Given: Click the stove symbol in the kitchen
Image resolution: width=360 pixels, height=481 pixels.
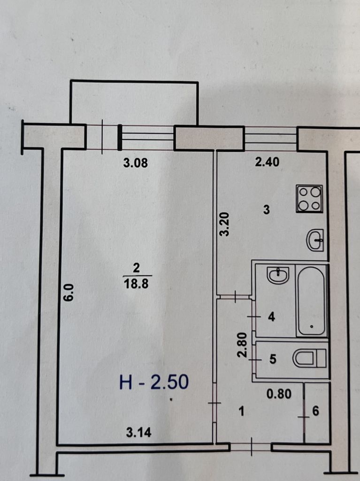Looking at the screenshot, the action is point(309,199).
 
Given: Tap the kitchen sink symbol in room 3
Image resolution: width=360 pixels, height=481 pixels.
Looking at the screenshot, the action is point(315,240).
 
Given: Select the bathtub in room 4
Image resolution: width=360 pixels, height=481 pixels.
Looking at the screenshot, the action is point(311,301).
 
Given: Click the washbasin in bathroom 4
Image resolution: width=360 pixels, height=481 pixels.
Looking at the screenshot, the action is point(278,275).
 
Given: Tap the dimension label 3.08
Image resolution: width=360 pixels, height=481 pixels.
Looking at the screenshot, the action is point(136,163).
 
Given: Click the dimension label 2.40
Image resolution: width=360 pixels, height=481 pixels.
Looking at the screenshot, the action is point(268,162).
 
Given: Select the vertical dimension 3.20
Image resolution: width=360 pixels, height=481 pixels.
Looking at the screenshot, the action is point(225,224).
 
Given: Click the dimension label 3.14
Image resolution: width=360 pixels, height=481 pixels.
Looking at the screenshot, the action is point(139,433).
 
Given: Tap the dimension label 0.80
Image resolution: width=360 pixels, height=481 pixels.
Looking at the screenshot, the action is point(279,394).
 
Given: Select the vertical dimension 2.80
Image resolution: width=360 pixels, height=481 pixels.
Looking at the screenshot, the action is point(242,345).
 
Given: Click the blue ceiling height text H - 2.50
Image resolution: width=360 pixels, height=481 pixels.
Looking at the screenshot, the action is point(154,382).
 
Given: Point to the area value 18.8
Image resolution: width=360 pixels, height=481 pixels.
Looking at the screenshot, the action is point(136,284).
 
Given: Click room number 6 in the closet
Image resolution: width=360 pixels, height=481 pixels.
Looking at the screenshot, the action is point(315,411).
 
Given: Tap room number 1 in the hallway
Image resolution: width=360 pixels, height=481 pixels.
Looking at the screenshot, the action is point(242,411).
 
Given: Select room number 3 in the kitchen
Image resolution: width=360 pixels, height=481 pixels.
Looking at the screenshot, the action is point(267,210).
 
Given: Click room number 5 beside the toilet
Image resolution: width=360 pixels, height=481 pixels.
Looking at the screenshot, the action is point(273,359).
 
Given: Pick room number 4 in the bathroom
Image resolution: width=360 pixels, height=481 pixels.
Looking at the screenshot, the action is point(271,317).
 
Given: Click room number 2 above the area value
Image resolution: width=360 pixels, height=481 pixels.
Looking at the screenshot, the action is point(136,268).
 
